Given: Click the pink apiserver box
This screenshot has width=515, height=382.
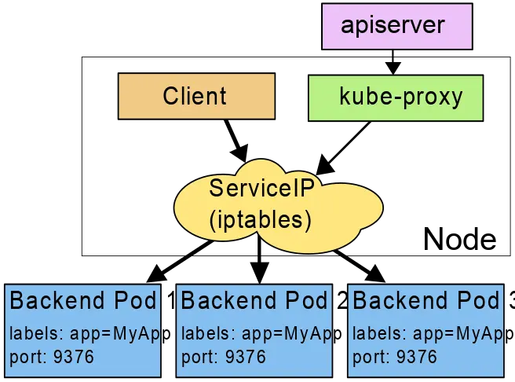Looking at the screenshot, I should pos(396,26).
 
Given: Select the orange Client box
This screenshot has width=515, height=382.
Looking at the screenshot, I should pos(195,96).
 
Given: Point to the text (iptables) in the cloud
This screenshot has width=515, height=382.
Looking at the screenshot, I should pos(261,220).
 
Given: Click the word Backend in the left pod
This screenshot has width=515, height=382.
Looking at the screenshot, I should pos(57,301).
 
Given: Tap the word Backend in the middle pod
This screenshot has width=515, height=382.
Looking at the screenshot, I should pos(228,301).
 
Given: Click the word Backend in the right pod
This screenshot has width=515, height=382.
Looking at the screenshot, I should pos(400,301).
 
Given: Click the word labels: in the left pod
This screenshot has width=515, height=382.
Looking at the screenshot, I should pos(32,333).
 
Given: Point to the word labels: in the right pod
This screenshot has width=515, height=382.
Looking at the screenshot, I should pos(375,333).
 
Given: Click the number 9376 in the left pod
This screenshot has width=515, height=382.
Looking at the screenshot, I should pos(74,358).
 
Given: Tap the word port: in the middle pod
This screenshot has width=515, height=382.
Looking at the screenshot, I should pos(199,358).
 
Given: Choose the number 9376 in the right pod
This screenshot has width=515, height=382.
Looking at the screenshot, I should pos(417,358).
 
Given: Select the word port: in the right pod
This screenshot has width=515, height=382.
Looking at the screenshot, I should pos(371,358).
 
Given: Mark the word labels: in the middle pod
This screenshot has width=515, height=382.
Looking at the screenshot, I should pos(204,333).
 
